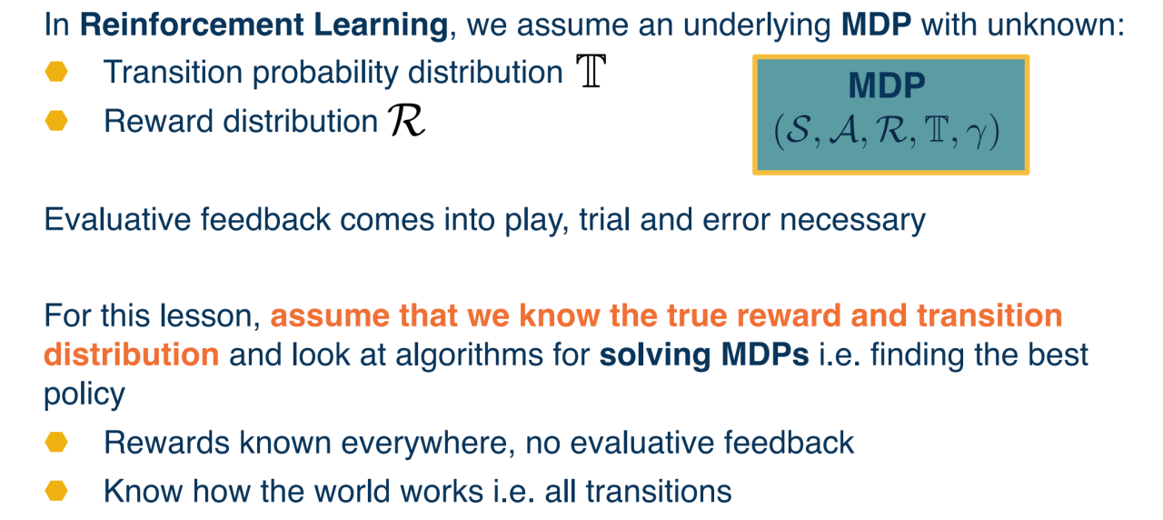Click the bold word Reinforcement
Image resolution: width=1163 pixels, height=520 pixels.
coord(192,25)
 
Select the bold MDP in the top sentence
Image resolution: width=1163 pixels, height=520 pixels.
coord(877,25)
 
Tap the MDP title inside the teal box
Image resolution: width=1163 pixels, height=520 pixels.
coord(887,85)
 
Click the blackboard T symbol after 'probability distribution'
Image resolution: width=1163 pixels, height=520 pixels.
coord(591,71)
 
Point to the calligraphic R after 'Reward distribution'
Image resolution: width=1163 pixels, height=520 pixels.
coord(407,121)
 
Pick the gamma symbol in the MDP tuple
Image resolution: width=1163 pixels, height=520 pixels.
coord(976,132)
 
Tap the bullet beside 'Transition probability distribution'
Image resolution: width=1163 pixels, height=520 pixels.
coord(56,72)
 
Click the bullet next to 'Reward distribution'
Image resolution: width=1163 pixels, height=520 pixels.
coord(56,121)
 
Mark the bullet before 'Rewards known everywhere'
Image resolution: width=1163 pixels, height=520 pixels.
coord(56,442)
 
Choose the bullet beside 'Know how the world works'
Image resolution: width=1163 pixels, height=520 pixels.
coord(56,491)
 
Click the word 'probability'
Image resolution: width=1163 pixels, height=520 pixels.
coord(325,73)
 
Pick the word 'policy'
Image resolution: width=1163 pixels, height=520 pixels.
coord(84,395)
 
